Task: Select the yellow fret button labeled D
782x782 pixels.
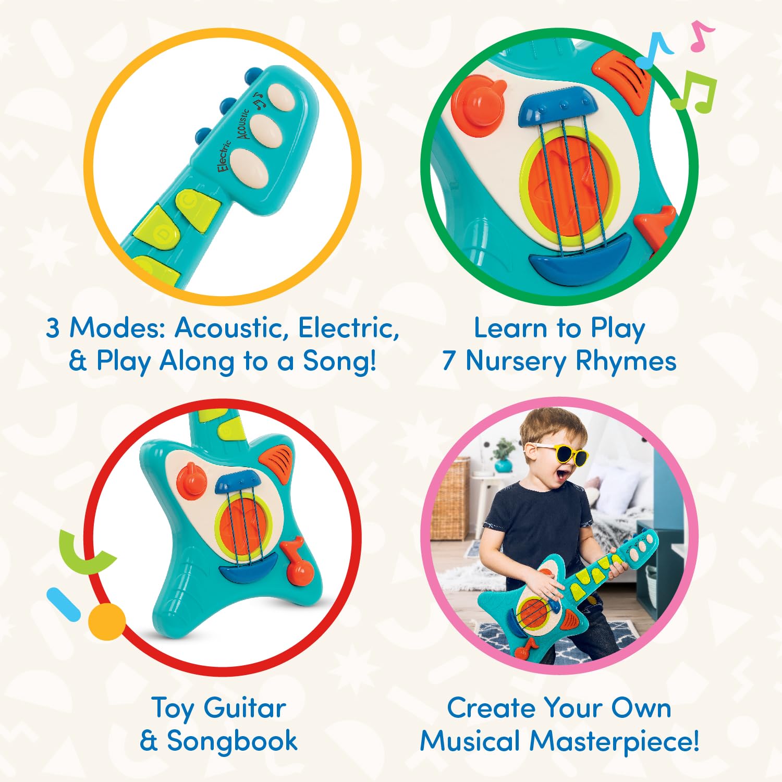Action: tap(159, 230)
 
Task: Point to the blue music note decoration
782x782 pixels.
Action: tap(655, 51)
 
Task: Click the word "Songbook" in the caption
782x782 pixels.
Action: tap(232, 741)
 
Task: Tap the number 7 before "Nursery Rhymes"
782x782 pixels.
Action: tap(448, 361)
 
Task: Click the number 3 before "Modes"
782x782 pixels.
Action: tap(53, 328)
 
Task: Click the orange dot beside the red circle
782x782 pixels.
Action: tap(106, 621)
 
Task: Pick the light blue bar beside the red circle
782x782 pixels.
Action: tap(63, 604)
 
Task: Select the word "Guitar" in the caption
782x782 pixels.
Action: tap(245, 708)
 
